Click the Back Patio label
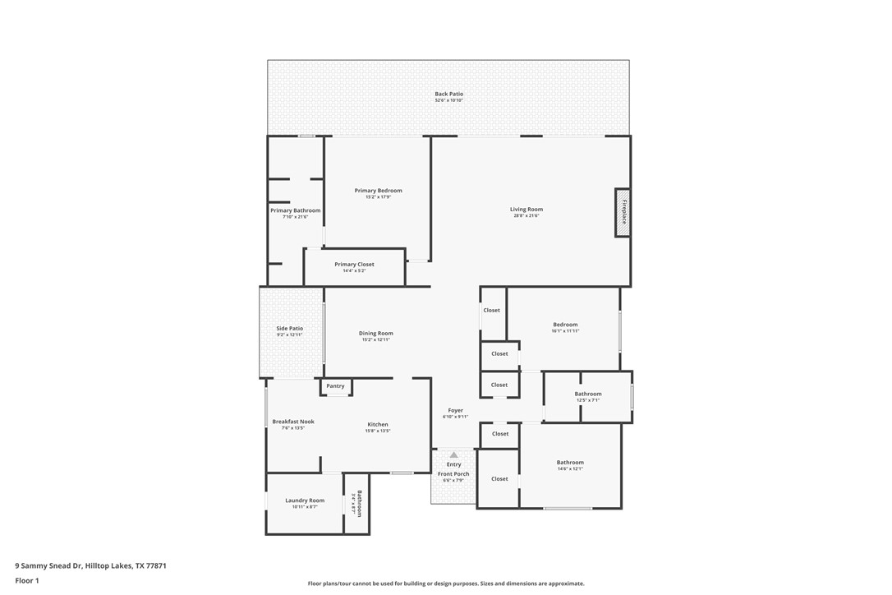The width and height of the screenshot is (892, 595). pyautogui.click(x=448, y=94)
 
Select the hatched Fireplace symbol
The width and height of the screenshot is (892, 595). pyautogui.click(x=623, y=213)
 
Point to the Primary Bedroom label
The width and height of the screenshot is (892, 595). pyautogui.click(x=378, y=191)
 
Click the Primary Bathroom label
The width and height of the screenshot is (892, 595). pyautogui.click(x=295, y=210)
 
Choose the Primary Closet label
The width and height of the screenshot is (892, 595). pyautogui.click(x=354, y=265)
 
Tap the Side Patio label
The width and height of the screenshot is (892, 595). pyautogui.click(x=289, y=329)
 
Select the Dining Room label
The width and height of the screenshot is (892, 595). pyautogui.click(x=375, y=334)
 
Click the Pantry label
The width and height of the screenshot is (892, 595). pyautogui.click(x=335, y=386)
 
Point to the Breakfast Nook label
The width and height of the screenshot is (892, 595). pyautogui.click(x=293, y=422)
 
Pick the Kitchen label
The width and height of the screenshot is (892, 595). pyautogui.click(x=377, y=425)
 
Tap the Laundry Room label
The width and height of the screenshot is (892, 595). pyautogui.click(x=305, y=500)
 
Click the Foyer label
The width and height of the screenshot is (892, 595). pyautogui.click(x=455, y=411)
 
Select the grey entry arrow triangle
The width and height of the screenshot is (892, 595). pyautogui.click(x=453, y=454)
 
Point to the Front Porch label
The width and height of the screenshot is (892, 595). pyautogui.click(x=453, y=474)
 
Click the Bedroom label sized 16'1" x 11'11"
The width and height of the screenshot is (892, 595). pyautogui.click(x=565, y=325)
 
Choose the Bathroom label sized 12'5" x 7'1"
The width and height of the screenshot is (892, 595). pyautogui.click(x=588, y=394)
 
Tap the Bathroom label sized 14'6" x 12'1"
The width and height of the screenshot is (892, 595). pyautogui.click(x=570, y=463)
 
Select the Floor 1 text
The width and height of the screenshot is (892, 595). pyautogui.click(x=27, y=580)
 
